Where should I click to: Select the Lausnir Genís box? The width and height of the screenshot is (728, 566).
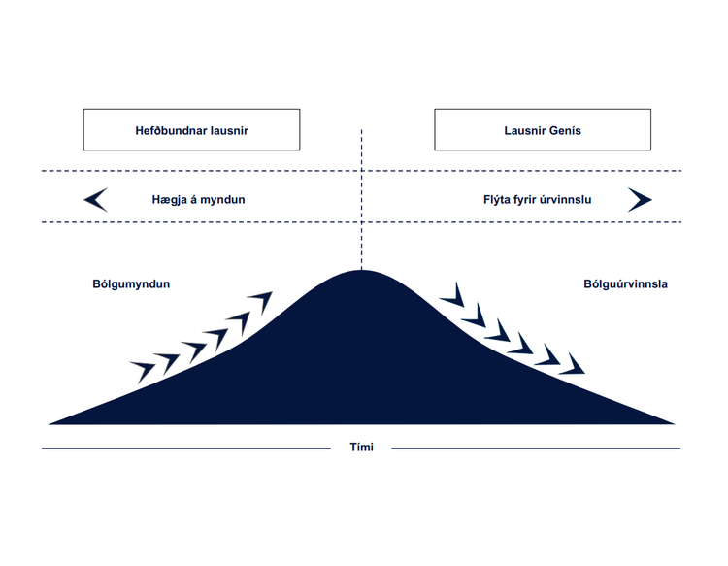(543, 130)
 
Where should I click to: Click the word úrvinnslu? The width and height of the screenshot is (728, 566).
(564, 200)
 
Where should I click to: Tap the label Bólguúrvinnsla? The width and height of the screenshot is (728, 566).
(625, 284)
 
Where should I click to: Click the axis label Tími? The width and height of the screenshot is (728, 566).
(361, 448)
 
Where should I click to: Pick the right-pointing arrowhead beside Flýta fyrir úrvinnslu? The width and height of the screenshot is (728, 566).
(640, 200)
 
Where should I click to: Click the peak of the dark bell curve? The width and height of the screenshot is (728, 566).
(361, 273)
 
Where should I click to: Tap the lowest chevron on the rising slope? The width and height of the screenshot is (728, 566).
(142, 369)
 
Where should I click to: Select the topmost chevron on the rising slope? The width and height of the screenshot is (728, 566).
(259, 300)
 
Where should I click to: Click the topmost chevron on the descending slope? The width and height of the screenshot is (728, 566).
(451, 293)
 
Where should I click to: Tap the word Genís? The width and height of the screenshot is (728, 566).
(563, 130)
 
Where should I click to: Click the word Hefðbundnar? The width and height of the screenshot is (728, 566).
(171, 130)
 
